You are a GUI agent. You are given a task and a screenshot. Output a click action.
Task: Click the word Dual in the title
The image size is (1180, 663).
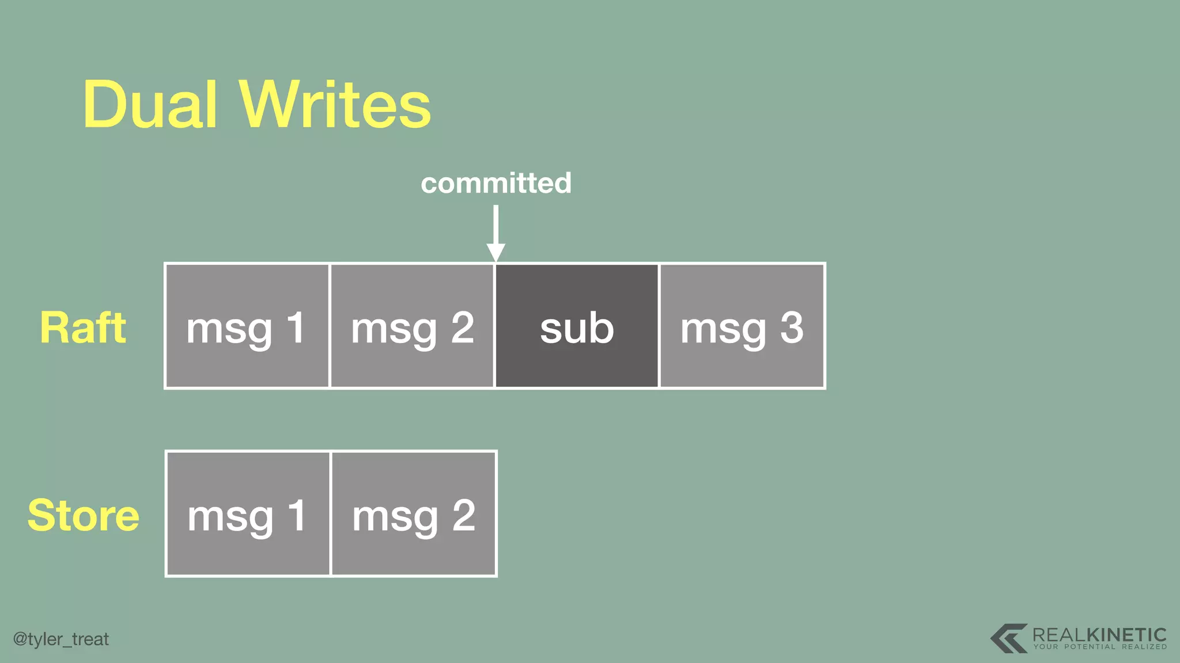150,105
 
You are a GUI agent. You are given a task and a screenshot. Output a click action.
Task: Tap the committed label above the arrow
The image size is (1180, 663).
496,183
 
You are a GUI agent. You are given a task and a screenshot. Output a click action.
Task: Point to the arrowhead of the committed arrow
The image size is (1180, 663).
496,253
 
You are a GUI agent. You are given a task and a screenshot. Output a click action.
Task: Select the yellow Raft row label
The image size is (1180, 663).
83,327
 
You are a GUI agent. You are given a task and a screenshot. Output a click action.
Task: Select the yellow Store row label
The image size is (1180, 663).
84,515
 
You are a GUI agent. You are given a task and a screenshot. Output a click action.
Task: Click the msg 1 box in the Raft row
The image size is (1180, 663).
247,326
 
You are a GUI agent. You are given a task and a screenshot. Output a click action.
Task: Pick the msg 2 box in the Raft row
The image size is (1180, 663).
412,326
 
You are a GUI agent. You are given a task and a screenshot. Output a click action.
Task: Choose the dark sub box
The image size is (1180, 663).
577,326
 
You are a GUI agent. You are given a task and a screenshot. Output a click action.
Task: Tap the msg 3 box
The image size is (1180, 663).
742,326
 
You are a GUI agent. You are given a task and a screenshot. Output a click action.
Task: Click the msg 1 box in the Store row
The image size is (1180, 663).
248,514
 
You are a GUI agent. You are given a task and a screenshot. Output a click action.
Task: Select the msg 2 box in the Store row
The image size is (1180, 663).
414,514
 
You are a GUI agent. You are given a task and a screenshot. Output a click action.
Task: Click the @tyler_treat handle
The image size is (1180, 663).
61,639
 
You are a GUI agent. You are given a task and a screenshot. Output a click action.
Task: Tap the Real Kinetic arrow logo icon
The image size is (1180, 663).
1009,638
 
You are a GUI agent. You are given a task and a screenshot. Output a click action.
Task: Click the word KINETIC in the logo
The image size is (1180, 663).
1127,635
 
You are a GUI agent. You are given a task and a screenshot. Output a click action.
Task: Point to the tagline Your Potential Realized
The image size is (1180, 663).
1100,647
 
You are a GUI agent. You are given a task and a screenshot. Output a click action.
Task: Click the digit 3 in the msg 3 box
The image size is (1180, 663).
792,327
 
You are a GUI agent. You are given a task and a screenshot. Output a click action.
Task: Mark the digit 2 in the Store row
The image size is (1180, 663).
464,515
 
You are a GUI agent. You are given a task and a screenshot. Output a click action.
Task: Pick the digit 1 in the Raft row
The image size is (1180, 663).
296,327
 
